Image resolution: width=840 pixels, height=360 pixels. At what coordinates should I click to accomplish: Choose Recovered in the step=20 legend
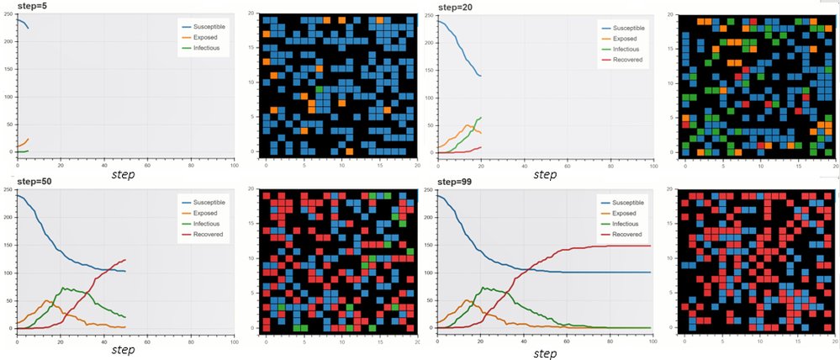626,60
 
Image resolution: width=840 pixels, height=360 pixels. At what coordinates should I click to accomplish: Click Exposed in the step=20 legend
623,38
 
